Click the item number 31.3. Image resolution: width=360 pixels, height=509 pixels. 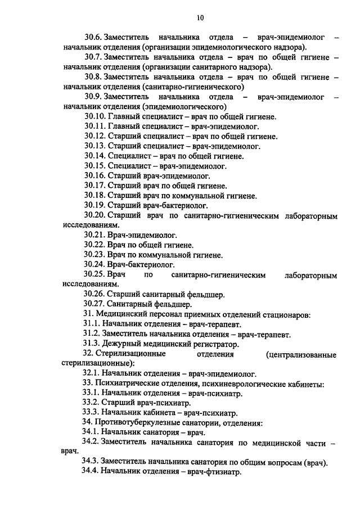point(91,343)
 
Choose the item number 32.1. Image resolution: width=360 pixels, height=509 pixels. point(91,373)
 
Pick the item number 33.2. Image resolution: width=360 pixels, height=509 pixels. point(91,403)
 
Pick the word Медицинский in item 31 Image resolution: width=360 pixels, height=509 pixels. point(120,314)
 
